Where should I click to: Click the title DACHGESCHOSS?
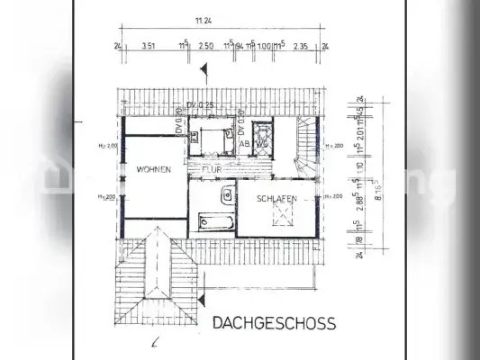coord(274,322)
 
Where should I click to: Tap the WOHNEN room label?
coord(153,169)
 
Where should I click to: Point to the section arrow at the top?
coord(206,67)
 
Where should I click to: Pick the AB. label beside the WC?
coord(243,143)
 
